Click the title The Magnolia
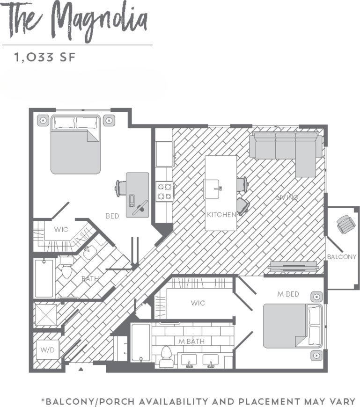(x=78, y=21)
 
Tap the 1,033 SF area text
(x=45, y=58)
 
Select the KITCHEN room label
(x=221, y=215)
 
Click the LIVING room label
(x=287, y=197)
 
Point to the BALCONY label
(x=341, y=257)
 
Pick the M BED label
(x=288, y=294)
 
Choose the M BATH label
(x=191, y=341)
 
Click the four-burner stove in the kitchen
(x=164, y=191)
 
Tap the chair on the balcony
(x=346, y=225)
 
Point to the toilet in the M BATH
(x=166, y=356)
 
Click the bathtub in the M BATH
(x=140, y=343)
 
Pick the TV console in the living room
(x=293, y=267)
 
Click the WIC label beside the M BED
(x=198, y=303)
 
